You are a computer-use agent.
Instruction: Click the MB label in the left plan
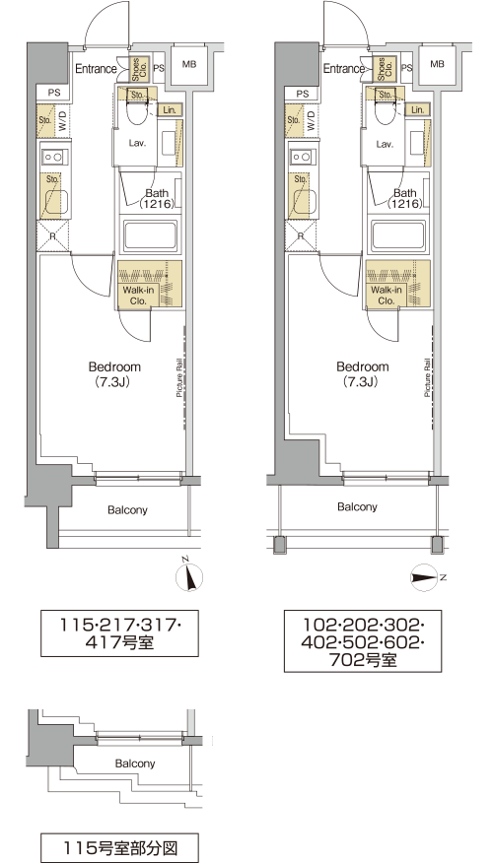(189, 64)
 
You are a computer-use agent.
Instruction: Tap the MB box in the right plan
(437, 65)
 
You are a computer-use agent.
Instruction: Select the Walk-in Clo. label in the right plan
(386, 296)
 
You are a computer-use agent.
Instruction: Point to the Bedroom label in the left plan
(114, 366)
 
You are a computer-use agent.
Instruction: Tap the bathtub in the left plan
(150, 236)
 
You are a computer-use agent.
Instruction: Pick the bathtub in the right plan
(397, 236)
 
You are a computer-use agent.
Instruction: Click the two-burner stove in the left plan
(53, 157)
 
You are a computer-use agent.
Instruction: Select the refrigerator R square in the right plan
(302, 236)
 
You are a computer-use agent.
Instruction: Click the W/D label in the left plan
(62, 119)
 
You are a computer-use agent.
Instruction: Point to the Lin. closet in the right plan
(417, 109)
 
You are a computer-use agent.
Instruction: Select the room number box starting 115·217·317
(119, 632)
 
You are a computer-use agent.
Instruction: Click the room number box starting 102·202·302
(363, 640)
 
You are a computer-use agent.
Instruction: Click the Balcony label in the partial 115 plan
(135, 763)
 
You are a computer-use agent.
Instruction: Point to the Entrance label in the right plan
(344, 69)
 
